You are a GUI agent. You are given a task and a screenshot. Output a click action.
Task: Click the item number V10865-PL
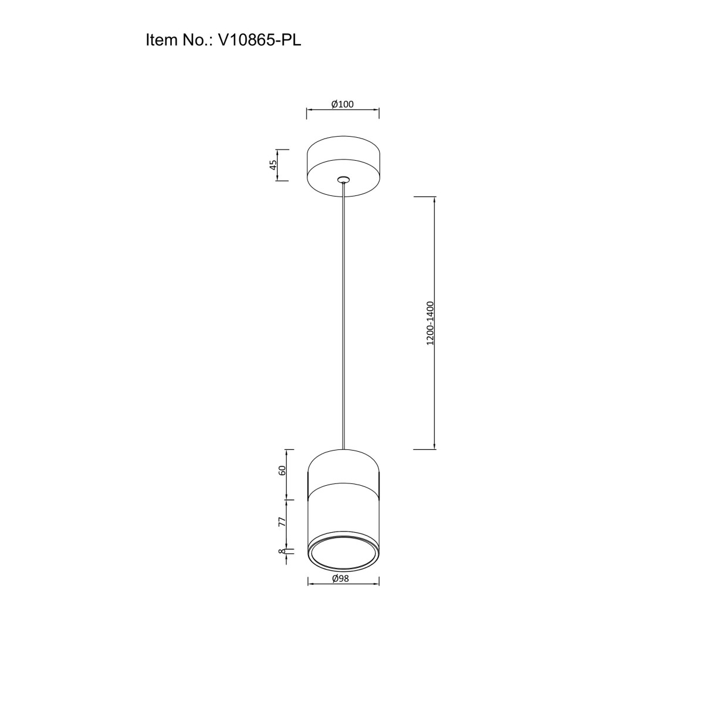pos(259,40)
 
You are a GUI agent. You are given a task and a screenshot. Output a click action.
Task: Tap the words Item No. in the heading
pos(179,40)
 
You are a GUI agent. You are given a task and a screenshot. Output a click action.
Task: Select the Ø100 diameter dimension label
pos(342,104)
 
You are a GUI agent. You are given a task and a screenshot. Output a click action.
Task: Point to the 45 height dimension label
pos(273,165)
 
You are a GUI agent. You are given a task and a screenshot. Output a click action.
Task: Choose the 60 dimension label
pos(282,471)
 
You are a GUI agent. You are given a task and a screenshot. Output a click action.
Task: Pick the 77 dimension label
pos(282,522)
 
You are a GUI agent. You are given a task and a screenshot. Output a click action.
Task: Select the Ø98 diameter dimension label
pos(341,578)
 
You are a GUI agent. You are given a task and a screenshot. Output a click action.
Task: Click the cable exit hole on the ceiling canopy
pos(343,179)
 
